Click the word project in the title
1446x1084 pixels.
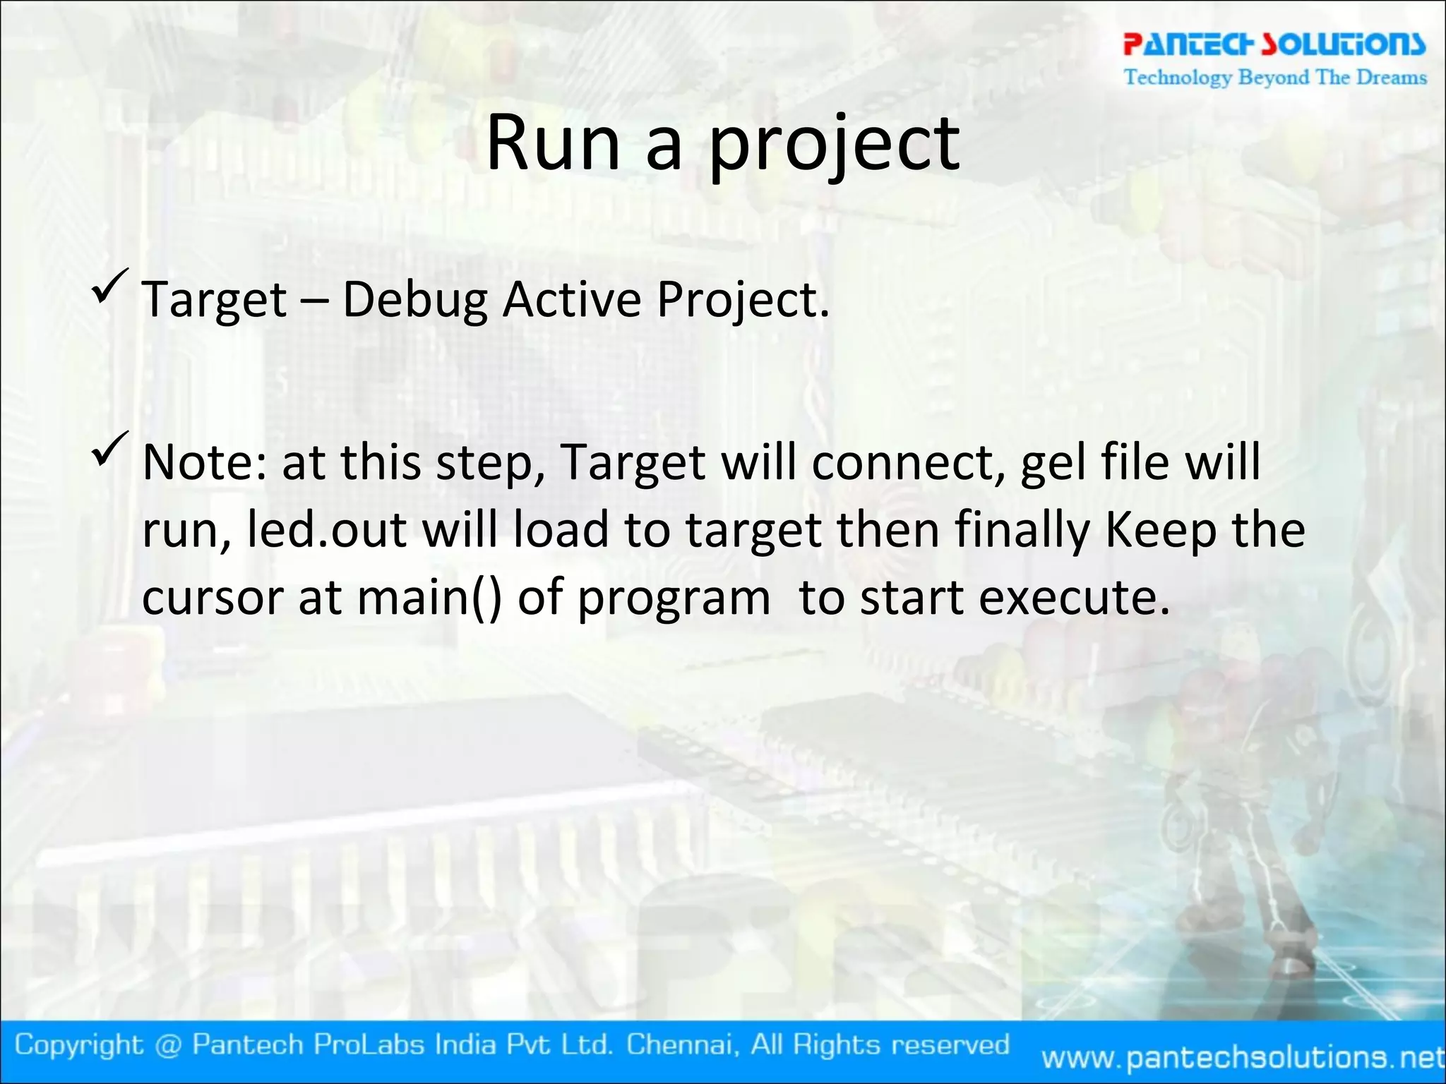[833, 145]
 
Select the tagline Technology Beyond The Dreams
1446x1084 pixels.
[1275, 77]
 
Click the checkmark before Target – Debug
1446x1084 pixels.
[110, 286]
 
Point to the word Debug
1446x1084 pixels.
[414, 300]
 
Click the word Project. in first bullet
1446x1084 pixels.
[743, 300]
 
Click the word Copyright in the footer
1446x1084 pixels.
[79, 1044]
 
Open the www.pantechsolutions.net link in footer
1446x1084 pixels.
[1243, 1057]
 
